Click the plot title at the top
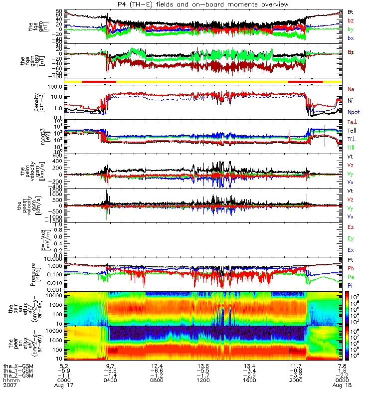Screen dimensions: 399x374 tap(187, 4)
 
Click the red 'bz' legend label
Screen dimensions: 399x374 tap(351, 20)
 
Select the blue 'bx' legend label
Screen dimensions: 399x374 tap(351, 38)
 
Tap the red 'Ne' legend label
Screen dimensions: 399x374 tap(351, 89)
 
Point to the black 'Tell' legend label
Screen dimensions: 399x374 tap(352, 130)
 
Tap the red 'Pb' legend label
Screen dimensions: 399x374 tap(351, 268)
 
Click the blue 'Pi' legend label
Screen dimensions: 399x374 tap(351, 285)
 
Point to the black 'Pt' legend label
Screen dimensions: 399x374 tap(351, 260)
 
